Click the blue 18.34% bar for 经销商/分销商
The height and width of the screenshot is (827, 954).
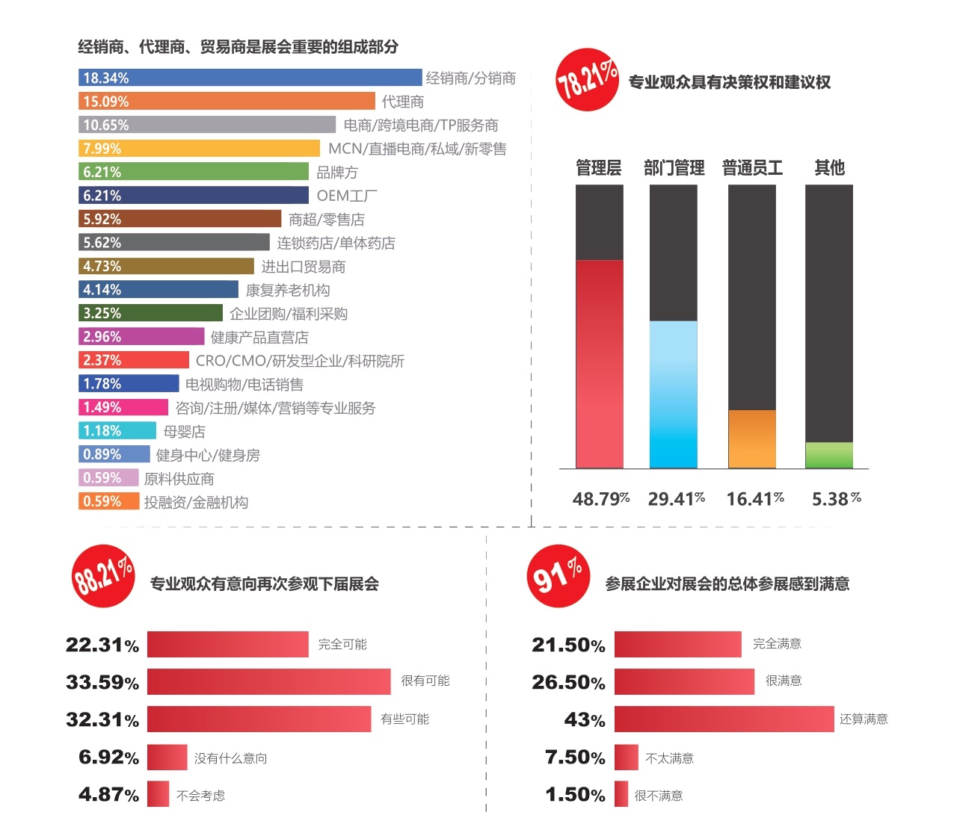[x=250, y=78]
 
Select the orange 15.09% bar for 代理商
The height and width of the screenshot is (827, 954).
[x=227, y=101]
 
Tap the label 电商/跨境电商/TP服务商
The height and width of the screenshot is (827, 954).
[x=421, y=125]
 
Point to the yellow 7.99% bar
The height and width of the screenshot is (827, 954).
[x=199, y=148]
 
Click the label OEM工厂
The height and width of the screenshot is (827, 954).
[x=347, y=196]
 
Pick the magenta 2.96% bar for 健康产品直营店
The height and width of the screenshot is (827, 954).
[x=141, y=336]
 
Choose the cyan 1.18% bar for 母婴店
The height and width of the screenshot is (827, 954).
[x=117, y=430]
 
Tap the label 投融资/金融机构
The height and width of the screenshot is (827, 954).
[x=196, y=502]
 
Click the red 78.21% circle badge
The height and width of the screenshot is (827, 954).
[x=588, y=80]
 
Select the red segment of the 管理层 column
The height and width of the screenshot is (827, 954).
[x=599, y=364]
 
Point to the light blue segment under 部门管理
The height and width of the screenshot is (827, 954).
[x=673, y=394]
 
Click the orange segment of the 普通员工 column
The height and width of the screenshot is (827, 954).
[x=751, y=439]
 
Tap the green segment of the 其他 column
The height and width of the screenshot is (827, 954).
[x=828, y=455]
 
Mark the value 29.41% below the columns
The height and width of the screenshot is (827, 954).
[x=676, y=498]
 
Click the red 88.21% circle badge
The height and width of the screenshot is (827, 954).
[x=103, y=576]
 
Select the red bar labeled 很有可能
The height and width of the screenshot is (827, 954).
[x=268, y=681]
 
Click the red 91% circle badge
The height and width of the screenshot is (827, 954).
[x=558, y=576]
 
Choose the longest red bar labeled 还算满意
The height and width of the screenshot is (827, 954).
[x=723, y=719]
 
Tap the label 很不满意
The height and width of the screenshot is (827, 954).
[x=659, y=796]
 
